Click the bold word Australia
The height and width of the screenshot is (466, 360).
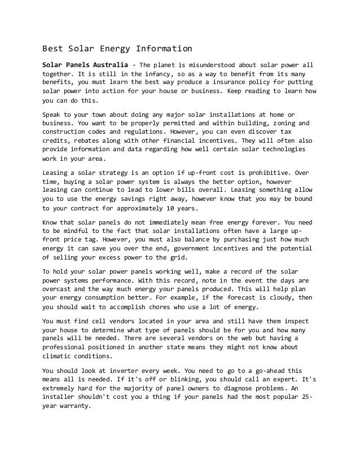[108, 64]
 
